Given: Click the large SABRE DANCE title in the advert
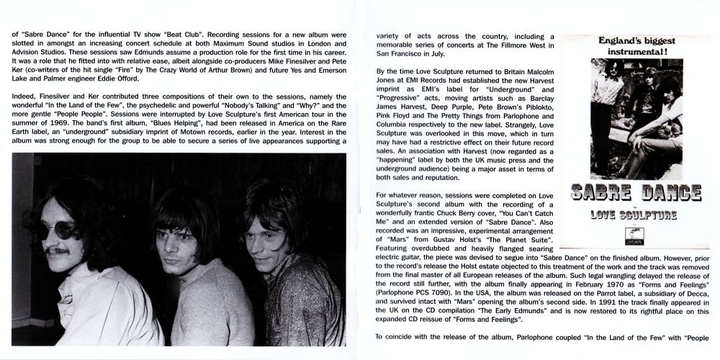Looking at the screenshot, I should (635, 193).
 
